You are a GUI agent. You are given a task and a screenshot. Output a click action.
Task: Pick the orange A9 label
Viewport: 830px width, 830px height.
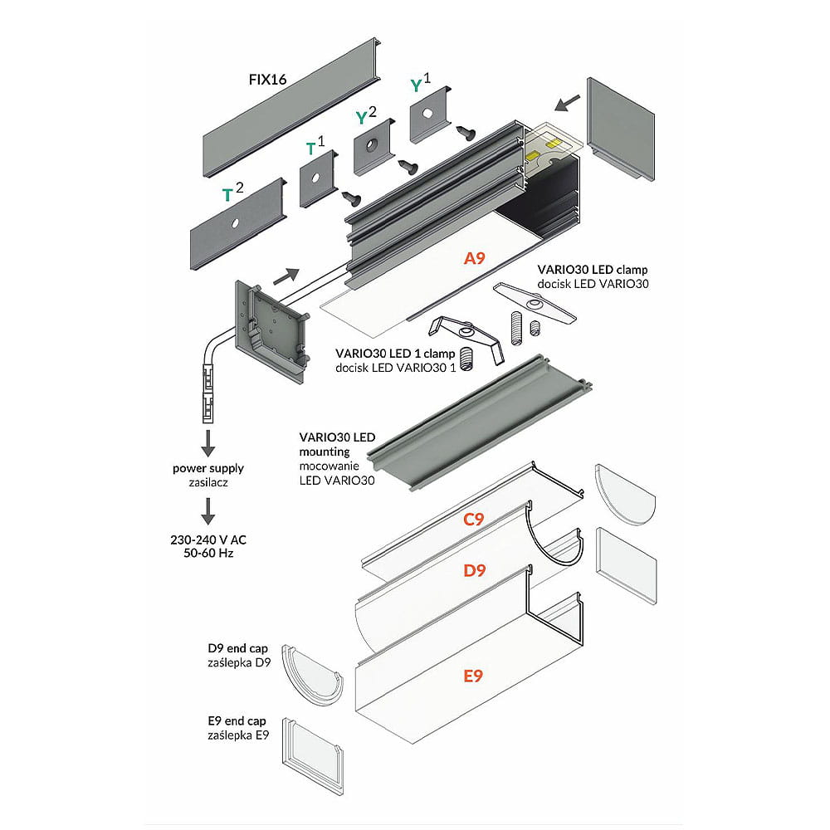pos(474,258)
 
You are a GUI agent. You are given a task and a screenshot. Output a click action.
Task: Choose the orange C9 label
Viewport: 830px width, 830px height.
pos(473,520)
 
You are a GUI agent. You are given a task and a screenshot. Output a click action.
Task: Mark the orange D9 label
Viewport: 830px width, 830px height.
pos(475,571)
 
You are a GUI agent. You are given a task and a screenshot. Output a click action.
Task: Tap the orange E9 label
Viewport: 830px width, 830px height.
pos(473,676)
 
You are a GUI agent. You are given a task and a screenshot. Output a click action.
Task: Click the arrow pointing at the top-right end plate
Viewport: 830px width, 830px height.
pos(568,102)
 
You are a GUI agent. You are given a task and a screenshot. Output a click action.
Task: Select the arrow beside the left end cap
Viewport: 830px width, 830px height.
pos(284,275)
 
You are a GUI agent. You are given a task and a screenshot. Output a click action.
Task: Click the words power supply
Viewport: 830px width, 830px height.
pos(208,468)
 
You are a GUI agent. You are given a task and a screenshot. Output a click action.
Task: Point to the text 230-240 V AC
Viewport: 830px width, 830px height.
pos(208,539)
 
